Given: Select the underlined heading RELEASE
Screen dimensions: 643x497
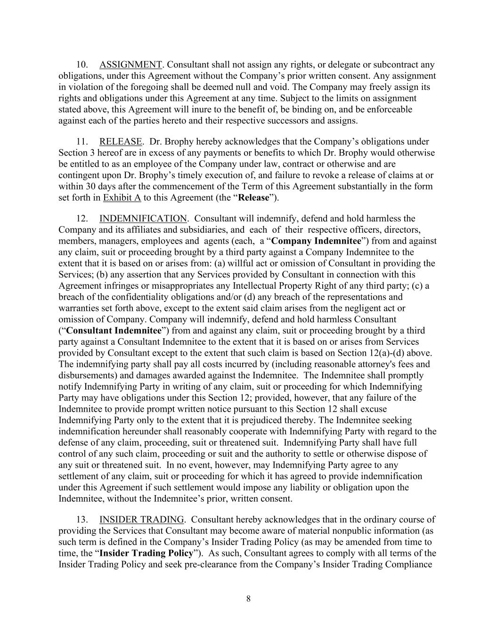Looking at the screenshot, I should pos(121,142).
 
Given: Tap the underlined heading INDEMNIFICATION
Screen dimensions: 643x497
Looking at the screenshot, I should pos(143,219).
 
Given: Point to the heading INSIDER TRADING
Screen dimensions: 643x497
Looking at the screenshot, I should pos(141,520).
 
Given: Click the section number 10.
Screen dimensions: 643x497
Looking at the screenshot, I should pos(82,65).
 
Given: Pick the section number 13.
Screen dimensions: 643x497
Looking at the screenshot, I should pos(82,520).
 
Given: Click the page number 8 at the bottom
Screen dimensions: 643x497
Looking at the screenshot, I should pos(248,599).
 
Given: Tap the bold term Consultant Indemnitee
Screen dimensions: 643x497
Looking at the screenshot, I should pos(114,331).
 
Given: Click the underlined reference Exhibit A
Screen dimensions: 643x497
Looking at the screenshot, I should pos(122,198).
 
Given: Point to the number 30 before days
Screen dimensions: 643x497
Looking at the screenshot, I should pos(91,187).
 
